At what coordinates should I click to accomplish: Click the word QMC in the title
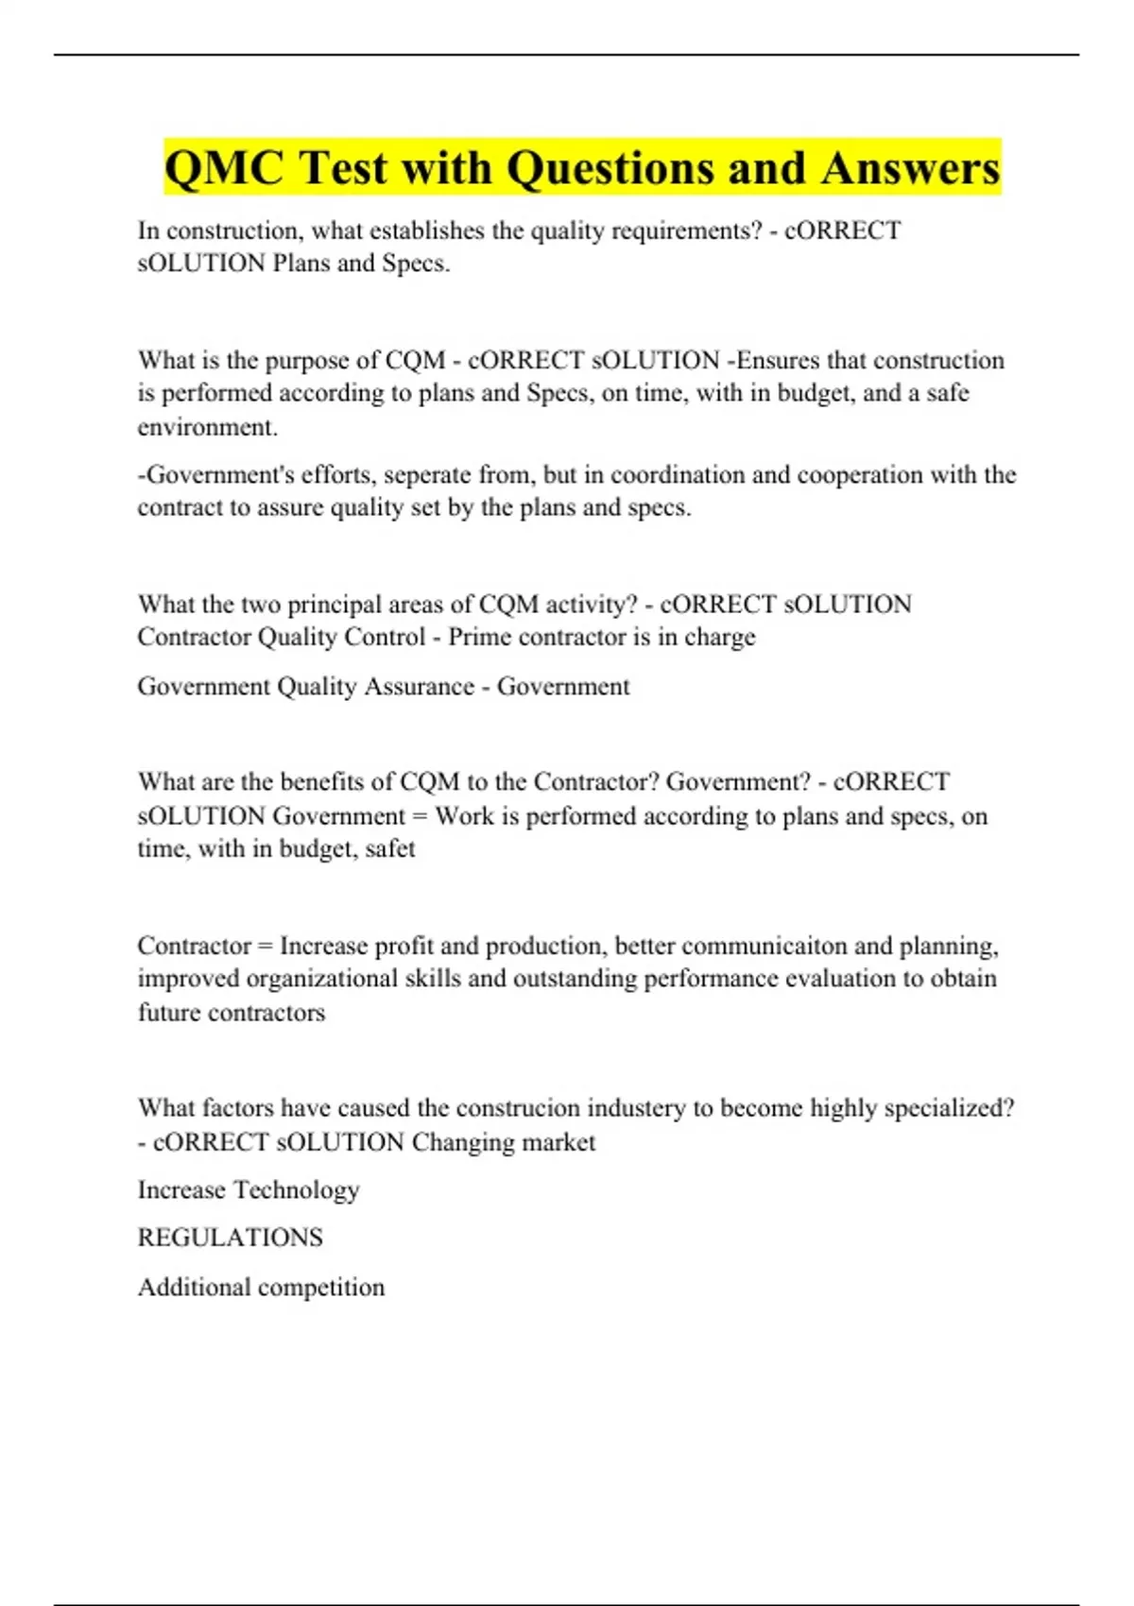tap(223, 168)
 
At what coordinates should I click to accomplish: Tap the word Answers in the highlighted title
tap(910, 168)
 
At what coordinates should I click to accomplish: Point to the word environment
tap(207, 427)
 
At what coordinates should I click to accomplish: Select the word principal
tap(338, 604)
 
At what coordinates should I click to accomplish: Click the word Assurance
tap(419, 686)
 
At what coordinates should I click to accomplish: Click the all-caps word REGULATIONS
tap(230, 1238)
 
